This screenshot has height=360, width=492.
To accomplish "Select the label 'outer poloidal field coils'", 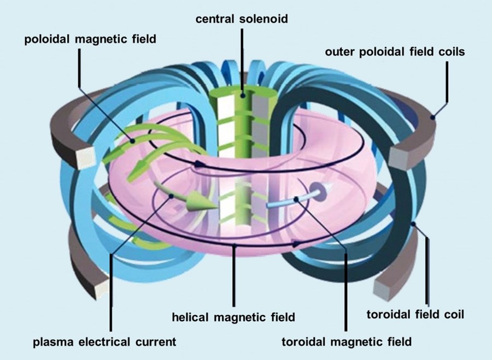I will point(395,52).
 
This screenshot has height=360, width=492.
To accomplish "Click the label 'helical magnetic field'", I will point(233,316).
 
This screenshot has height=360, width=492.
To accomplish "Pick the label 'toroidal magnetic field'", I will point(347,342).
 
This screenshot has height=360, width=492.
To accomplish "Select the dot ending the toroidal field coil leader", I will point(414,223).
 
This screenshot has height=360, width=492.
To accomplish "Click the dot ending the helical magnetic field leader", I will point(234,246).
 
